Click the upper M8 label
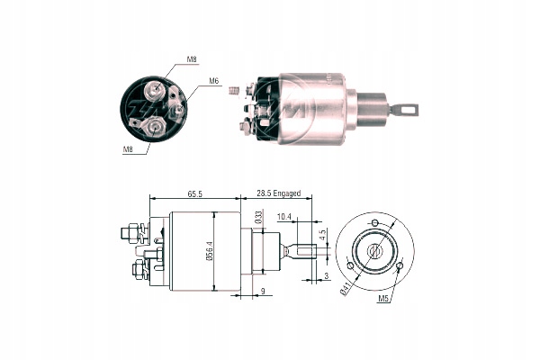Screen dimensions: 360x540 tap(191, 59)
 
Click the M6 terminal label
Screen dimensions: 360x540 tap(214, 82)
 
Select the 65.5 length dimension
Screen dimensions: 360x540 tap(193, 193)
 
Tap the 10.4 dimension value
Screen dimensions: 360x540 tap(284, 217)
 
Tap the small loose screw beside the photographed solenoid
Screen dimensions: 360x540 tap(234, 91)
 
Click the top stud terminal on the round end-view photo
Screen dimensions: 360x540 tap(158, 87)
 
